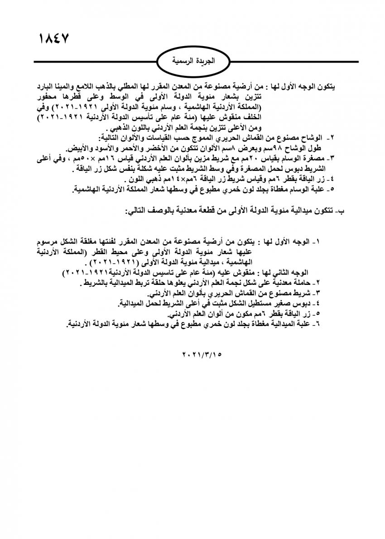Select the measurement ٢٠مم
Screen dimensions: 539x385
pos(253,160)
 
